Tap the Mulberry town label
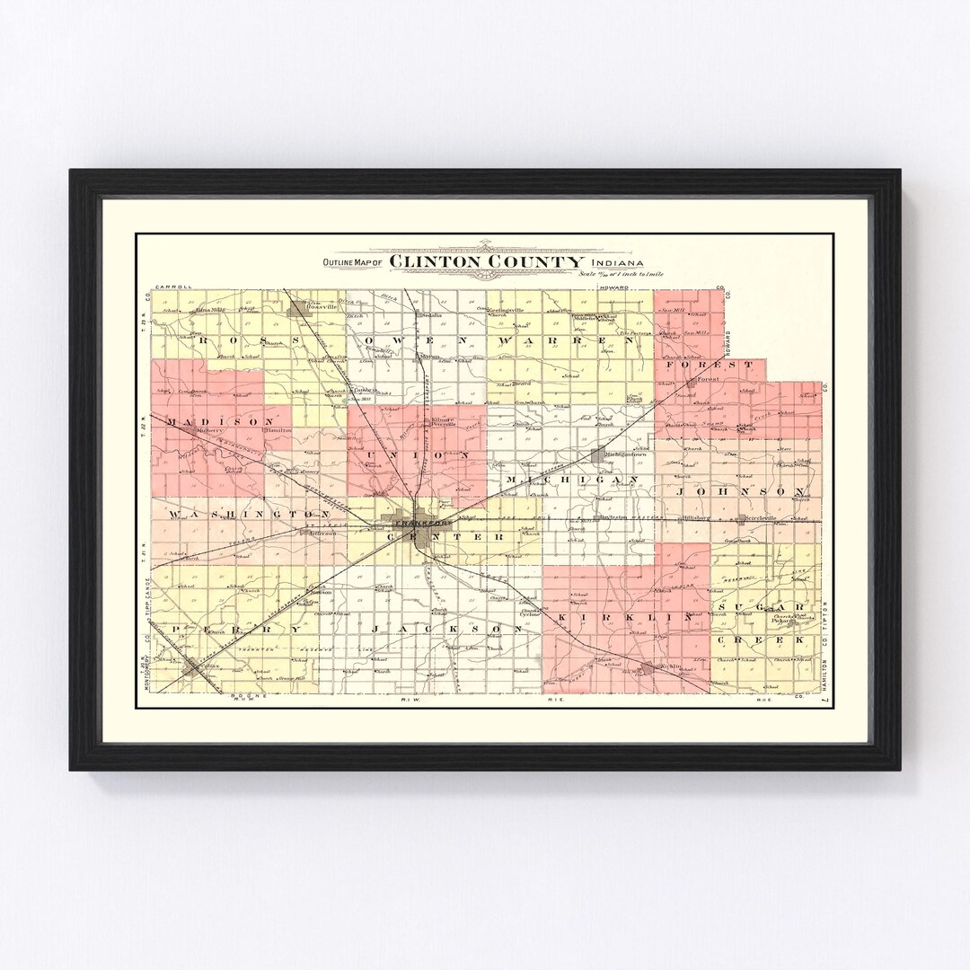click(207, 430)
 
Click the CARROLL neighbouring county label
click(174, 287)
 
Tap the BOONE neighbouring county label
click(238, 695)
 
